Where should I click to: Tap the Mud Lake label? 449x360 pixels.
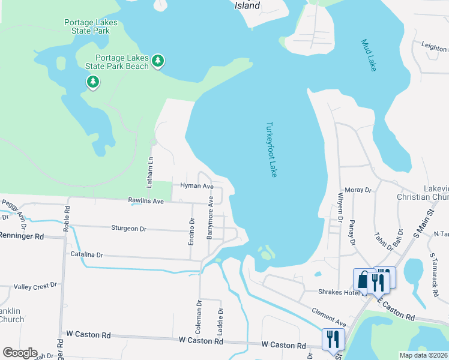[x=369, y=55]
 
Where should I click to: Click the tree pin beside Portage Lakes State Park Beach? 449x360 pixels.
[x=158, y=60]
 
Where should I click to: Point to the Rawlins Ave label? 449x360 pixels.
[x=146, y=202]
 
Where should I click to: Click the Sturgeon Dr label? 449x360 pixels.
[x=129, y=229]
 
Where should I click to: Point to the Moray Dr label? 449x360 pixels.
[x=359, y=190]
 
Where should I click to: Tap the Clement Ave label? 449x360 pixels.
[x=328, y=314]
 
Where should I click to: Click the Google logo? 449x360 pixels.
[x=20, y=353]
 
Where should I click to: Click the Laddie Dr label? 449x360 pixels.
[x=220, y=322]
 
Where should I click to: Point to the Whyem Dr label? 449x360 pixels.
[x=340, y=209]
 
